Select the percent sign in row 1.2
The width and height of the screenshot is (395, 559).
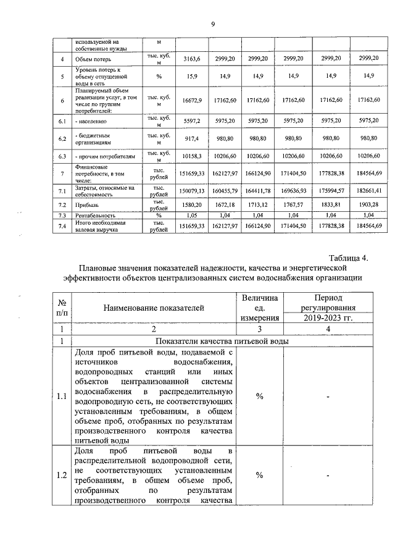pyautogui.click(x=259, y=475)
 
